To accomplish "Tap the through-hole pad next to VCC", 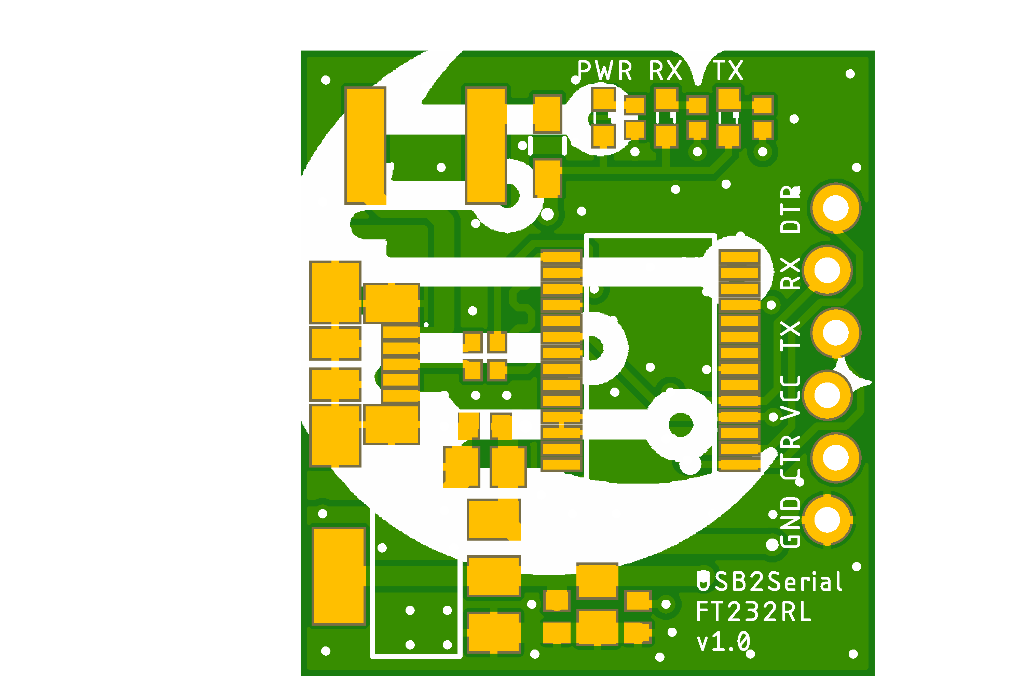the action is point(827,395).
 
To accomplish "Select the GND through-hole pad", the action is point(827,520).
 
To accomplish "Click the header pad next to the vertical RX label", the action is point(827,270).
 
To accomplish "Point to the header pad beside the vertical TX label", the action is point(835,333).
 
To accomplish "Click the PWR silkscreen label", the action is point(604,71).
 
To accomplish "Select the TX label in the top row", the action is point(728,71).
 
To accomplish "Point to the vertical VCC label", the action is point(790,397).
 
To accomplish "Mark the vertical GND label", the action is point(790,522).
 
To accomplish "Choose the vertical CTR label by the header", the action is point(790,457).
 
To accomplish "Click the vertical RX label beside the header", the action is point(790,274).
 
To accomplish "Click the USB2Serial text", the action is point(769,582).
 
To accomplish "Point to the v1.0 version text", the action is point(723,642).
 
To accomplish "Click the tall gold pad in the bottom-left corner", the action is point(339,576).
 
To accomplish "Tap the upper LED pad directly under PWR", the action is point(604,99).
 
